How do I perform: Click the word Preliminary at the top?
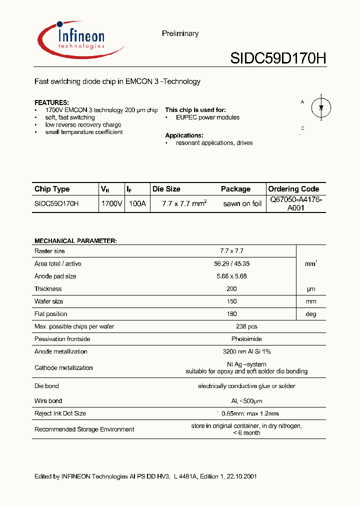(x=180, y=33)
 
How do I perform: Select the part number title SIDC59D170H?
(x=278, y=58)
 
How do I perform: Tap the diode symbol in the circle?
(x=321, y=107)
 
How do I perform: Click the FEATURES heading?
(x=51, y=102)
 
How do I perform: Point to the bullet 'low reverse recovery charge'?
(x=83, y=125)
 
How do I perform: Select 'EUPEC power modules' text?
(x=207, y=117)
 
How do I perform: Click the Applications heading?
(x=184, y=135)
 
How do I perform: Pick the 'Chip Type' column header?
(x=52, y=189)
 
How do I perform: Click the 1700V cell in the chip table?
(x=111, y=204)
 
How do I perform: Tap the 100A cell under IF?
(x=137, y=204)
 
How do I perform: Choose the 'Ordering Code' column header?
(x=293, y=189)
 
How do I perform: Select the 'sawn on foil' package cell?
(x=242, y=204)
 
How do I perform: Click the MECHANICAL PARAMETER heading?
(x=75, y=241)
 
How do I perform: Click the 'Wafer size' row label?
(x=48, y=301)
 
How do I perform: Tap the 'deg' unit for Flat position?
(x=310, y=314)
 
